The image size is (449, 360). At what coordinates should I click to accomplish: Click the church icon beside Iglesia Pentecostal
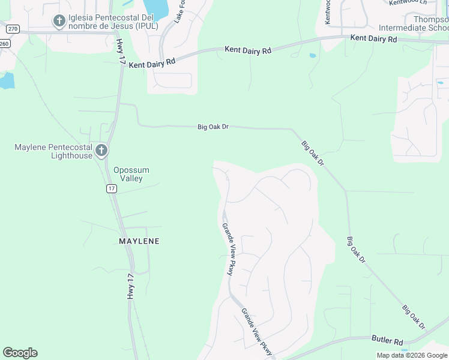click(59, 22)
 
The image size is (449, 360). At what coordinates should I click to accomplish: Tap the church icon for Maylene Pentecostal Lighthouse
click(101, 150)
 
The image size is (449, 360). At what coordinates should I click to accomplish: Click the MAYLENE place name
click(139, 241)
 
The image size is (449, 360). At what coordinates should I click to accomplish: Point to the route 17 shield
click(112, 188)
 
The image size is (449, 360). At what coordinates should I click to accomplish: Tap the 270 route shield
click(12, 28)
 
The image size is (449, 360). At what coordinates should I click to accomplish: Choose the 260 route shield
click(4, 43)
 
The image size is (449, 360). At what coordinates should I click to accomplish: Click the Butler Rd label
click(387, 340)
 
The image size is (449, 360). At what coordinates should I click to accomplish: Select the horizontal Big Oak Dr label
click(213, 127)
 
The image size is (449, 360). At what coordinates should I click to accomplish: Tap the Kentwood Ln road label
click(408, 2)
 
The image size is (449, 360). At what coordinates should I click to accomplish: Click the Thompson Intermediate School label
click(414, 23)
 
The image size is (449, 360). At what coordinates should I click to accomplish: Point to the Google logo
click(20, 353)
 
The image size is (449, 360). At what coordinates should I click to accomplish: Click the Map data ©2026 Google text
click(412, 355)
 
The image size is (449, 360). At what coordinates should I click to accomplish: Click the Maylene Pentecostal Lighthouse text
click(53, 151)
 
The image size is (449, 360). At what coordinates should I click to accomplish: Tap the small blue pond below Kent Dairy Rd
click(313, 56)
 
